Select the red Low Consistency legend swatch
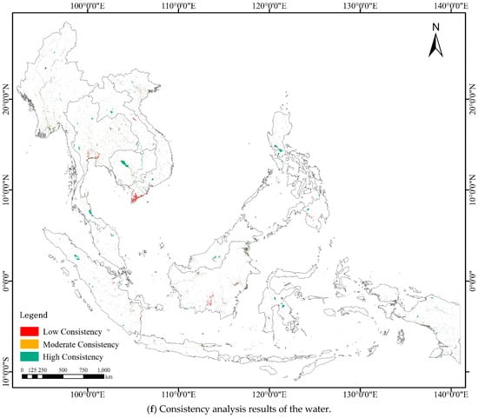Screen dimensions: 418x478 tap(30, 332)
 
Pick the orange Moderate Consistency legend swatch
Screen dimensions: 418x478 tap(30, 344)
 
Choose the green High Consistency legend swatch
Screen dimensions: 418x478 tap(30, 356)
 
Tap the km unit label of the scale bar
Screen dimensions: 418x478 tap(110, 377)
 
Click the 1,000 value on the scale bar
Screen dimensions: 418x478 tap(103, 370)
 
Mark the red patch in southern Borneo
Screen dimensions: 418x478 tap(210, 301)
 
